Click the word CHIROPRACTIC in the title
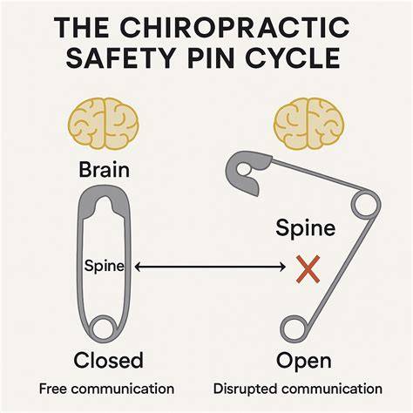234,28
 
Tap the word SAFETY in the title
120,58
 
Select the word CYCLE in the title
294,58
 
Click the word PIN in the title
210,58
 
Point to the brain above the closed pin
103,124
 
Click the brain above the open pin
309,124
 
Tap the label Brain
104,170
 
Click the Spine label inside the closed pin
104,266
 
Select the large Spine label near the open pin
306,228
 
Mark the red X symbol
308,269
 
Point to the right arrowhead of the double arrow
282,267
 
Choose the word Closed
108,360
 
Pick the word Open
303,362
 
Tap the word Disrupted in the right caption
246,389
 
